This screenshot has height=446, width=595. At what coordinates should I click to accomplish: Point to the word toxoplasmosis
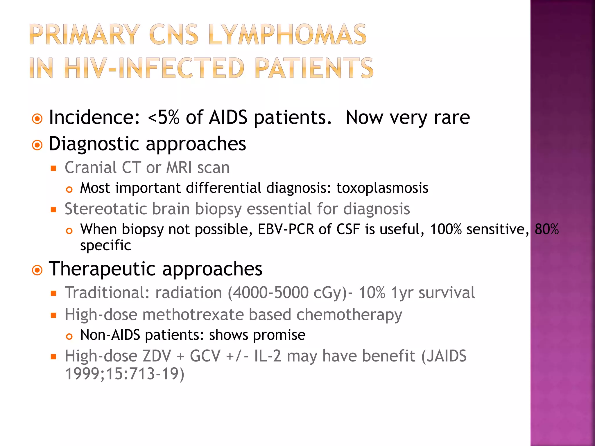click(382, 188)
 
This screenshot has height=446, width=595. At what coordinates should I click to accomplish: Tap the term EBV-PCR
click(286, 229)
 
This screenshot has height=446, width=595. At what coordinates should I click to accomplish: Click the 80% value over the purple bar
click(546, 229)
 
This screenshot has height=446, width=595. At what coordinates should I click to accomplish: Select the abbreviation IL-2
click(268, 356)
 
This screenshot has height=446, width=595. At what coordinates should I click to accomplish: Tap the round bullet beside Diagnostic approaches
click(37, 145)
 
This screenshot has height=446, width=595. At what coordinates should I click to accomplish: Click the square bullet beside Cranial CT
click(53, 168)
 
